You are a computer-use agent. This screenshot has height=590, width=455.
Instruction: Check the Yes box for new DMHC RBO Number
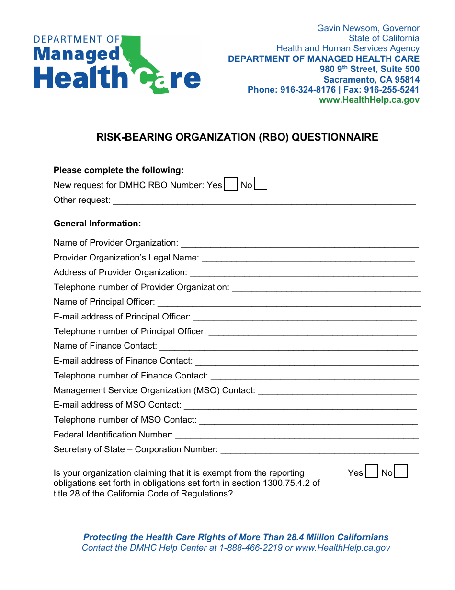[x=231, y=185]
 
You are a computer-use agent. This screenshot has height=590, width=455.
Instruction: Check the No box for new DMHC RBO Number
[x=261, y=184]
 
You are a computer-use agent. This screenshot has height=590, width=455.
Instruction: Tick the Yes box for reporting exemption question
[x=372, y=472]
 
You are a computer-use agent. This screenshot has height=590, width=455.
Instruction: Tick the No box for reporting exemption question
[x=401, y=472]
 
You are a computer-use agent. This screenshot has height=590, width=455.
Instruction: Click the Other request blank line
[x=263, y=201]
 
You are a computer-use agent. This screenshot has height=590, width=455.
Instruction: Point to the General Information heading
[x=97, y=224]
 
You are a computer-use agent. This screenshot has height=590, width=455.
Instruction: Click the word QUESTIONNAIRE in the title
[x=335, y=137]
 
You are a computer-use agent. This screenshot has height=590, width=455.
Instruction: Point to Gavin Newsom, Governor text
[x=368, y=28]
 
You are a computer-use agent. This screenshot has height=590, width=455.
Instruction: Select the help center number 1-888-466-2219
[x=250, y=548]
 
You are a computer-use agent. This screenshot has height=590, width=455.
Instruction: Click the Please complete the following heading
[x=118, y=170]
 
